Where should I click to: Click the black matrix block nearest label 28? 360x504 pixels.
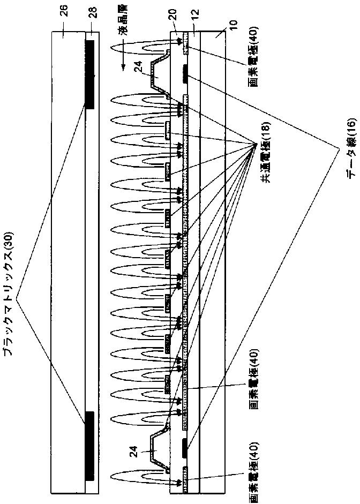point(90,74)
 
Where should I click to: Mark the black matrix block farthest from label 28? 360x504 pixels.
point(90,446)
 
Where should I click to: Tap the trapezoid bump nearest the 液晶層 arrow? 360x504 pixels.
point(161,75)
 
